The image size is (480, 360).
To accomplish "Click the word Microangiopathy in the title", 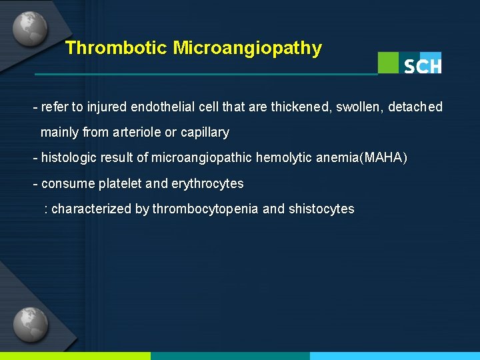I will [x=247, y=48].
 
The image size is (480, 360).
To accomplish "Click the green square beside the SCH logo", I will [x=388, y=62].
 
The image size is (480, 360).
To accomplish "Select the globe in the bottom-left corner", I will [x=30, y=325].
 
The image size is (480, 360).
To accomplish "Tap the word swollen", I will [x=361, y=107].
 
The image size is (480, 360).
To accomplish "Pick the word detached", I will [x=417, y=107].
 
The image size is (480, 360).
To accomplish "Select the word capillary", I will [x=205, y=133].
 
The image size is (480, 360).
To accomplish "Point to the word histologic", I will [x=69, y=158].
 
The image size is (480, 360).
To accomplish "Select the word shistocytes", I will [x=321, y=209].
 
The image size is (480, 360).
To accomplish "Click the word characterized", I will [x=91, y=209].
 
